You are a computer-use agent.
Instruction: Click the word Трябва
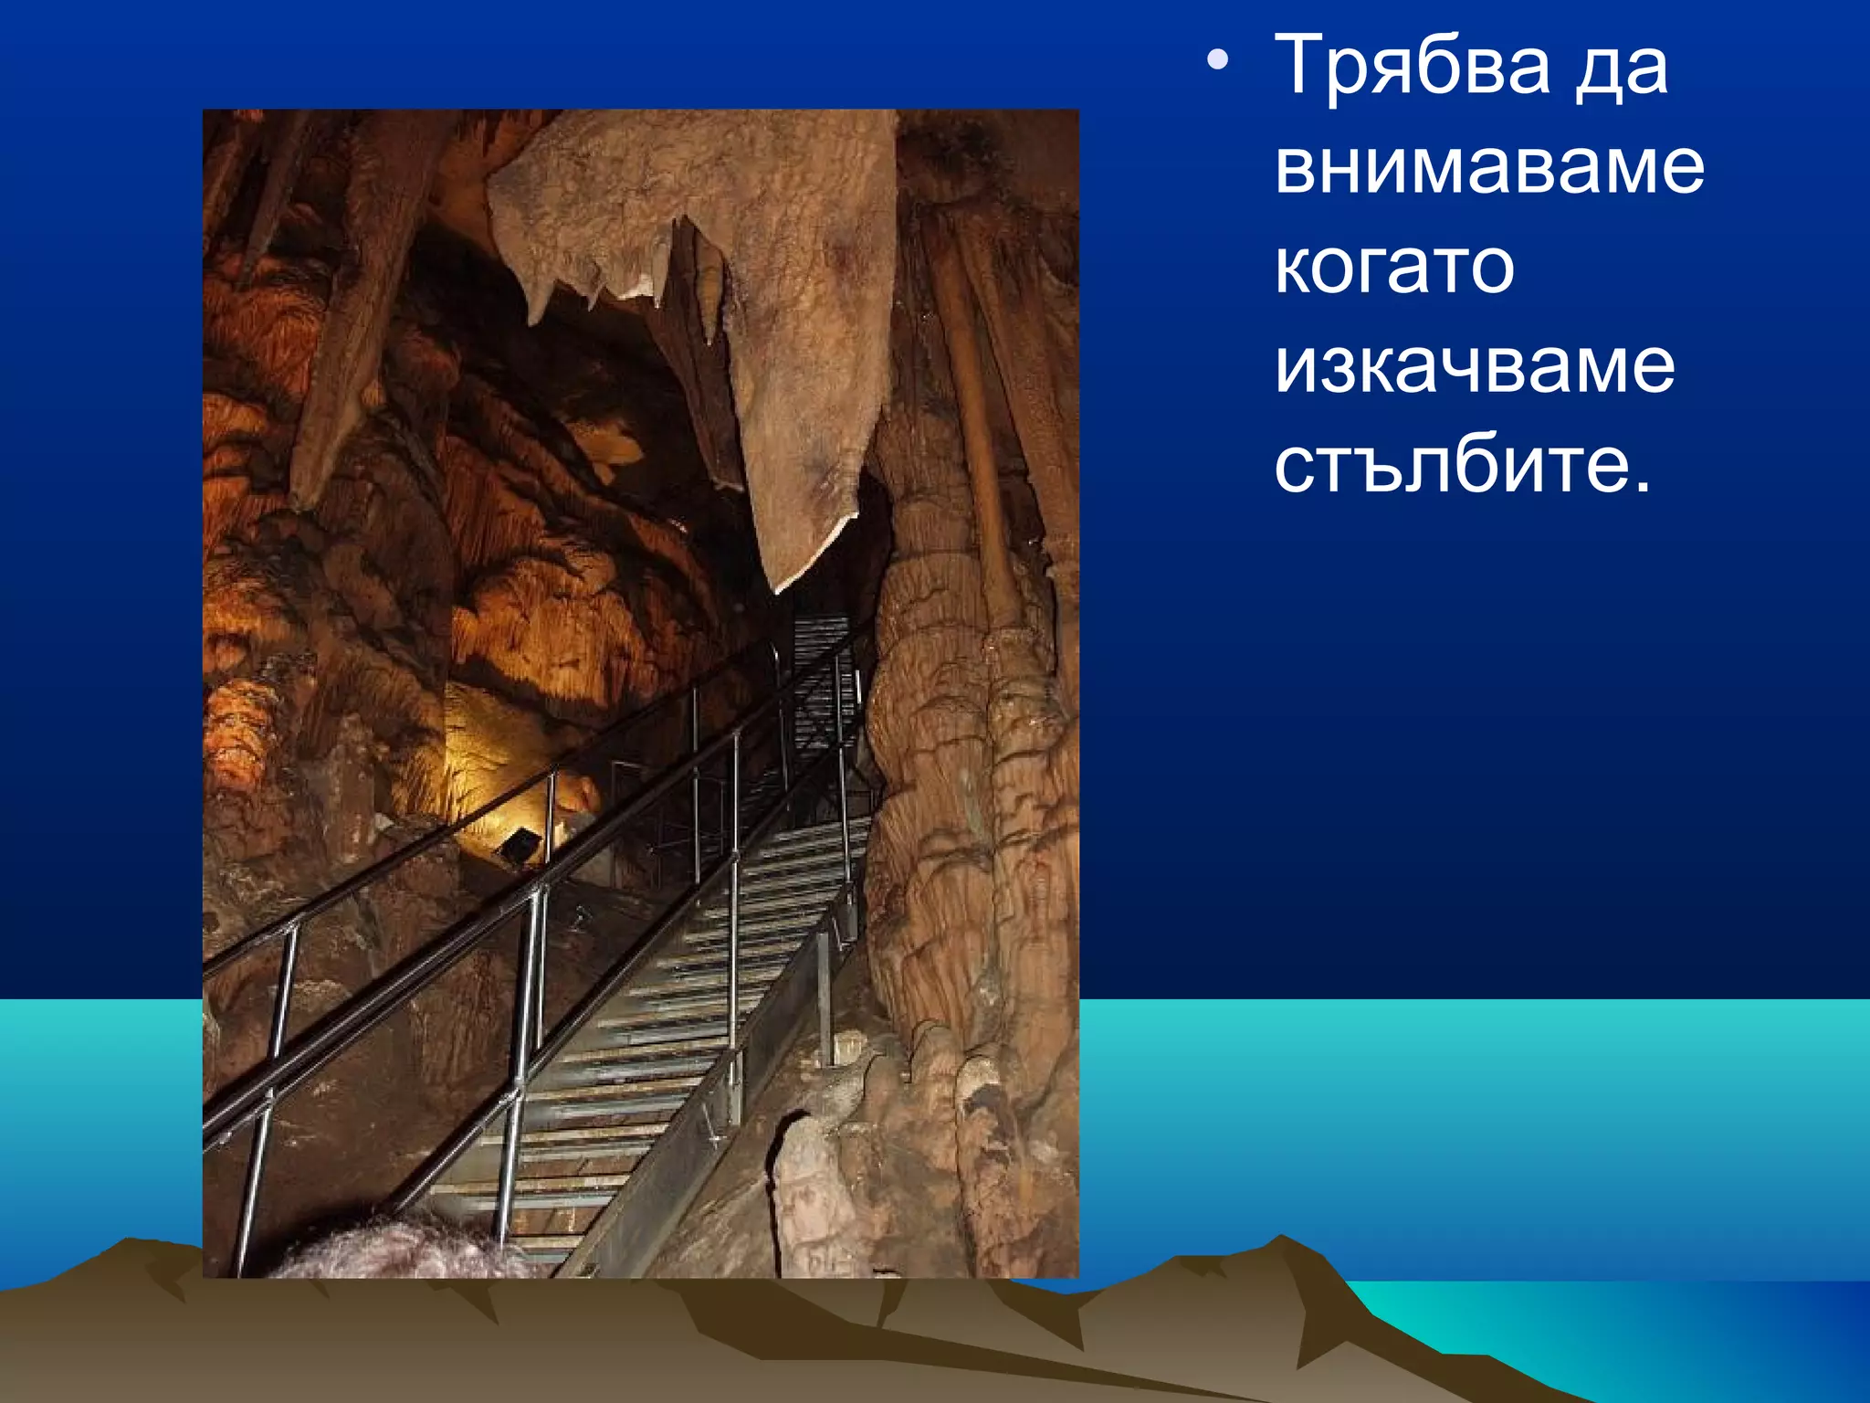pos(1411,66)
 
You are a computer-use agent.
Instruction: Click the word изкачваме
pos(1474,367)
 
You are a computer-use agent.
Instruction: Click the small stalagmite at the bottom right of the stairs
pos(804,1187)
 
